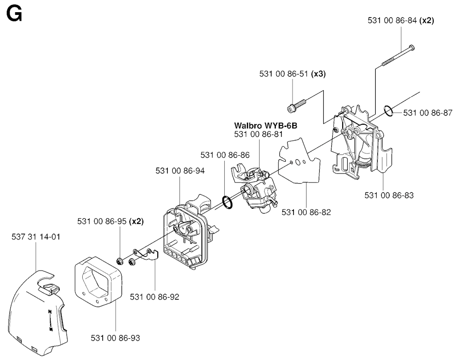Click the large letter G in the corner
(14, 14)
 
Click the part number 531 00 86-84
(392, 20)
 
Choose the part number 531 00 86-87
(427, 113)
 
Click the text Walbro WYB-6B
(262, 125)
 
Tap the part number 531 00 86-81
(259, 134)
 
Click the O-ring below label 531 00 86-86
(227, 202)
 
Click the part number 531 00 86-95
(102, 221)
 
